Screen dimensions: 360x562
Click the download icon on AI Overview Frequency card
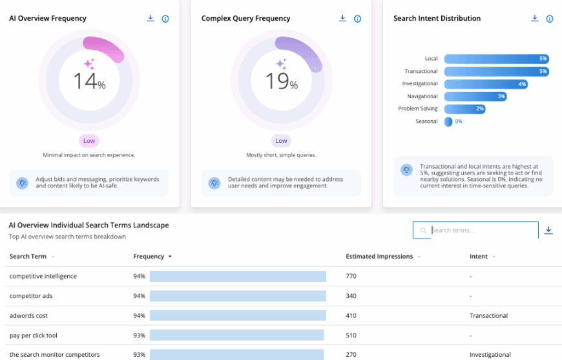(x=151, y=19)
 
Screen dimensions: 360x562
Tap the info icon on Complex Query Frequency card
(x=357, y=19)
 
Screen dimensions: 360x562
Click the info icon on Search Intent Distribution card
(x=549, y=19)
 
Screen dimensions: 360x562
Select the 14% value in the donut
(x=89, y=81)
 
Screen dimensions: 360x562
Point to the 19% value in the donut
(x=282, y=81)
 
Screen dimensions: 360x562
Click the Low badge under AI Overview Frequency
(x=89, y=141)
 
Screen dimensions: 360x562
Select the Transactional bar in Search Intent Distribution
(x=496, y=71)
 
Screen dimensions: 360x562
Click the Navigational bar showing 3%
(x=475, y=96)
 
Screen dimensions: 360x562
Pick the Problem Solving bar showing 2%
(x=464, y=109)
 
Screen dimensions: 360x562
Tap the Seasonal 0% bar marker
(x=448, y=121)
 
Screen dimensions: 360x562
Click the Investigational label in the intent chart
(x=419, y=84)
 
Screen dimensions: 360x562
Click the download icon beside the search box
(x=548, y=230)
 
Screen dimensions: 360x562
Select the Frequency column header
(x=149, y=257)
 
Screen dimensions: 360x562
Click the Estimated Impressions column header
(x=379, y=257)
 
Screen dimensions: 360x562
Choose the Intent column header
(x=479, y=257)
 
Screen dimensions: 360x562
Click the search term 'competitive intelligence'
(x=43, y=277)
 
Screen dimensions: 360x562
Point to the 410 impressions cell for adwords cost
(x=351, y=316)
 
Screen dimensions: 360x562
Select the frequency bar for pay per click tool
(x=236, y=335)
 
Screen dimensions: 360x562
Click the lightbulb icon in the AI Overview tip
(x=23, y=183)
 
